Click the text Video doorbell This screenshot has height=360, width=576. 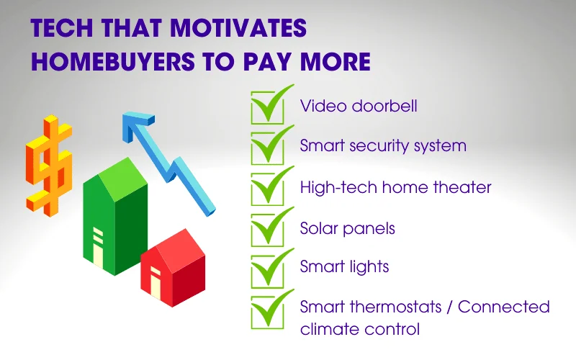point(359,107)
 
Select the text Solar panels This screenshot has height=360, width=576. point(348,228)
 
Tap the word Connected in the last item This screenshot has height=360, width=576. point(503,307)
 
